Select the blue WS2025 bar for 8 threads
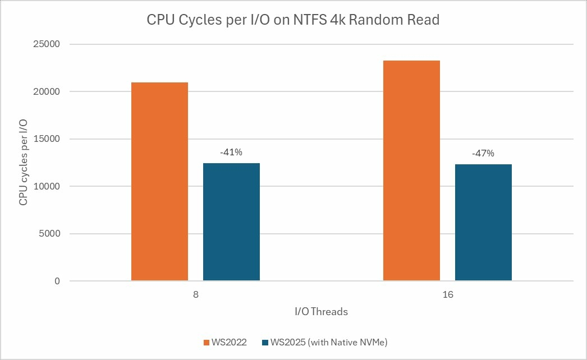[231, 221]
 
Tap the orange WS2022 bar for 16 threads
[411, 170]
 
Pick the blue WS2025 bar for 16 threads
[483, 222]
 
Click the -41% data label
[231, 151]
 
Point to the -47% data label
[483, 153]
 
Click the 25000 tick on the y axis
[49, 44]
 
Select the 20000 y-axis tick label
[49, 92]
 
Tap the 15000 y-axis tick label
[49, 139]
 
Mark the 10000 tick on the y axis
[49, 187]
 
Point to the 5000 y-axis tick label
[52, 234]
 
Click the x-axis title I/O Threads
[322, 312]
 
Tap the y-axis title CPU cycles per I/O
[24, 163]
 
